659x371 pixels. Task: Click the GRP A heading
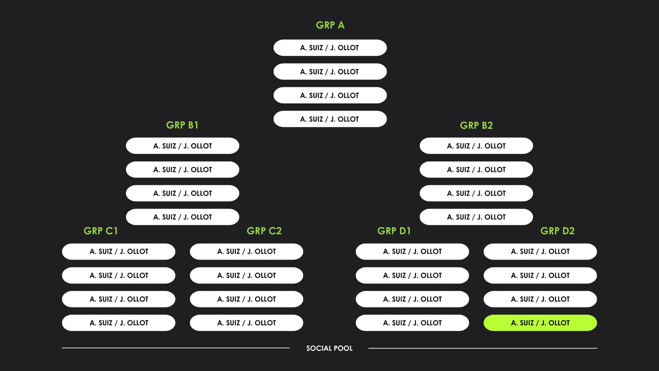tap(330, 25)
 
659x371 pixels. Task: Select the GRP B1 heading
tap(182, 125)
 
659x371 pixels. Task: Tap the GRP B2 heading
tap(476, 126)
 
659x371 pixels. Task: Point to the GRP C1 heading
tap(101, 231)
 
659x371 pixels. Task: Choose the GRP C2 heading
tap(264, 231)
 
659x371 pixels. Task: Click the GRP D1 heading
tap(394, 231)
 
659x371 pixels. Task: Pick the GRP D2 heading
tap(558, 231)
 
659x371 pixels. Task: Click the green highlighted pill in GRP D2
tap(540, 323)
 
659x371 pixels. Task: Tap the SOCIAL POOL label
tap(329, 348)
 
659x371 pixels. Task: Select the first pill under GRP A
tap(330, 48)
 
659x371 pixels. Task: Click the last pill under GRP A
tap(330, 119)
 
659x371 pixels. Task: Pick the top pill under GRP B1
tap(182, 146)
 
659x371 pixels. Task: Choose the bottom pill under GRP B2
tap(476, 217)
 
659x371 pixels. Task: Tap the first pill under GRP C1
tap(119, 251)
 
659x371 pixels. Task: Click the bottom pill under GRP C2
tap(246, 323)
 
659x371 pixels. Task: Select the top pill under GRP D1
tap(412, 251)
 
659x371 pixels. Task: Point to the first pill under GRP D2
tap(540, 251)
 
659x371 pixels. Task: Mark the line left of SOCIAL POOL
tap(176, 348)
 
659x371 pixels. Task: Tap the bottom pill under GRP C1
tap(119, 323)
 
